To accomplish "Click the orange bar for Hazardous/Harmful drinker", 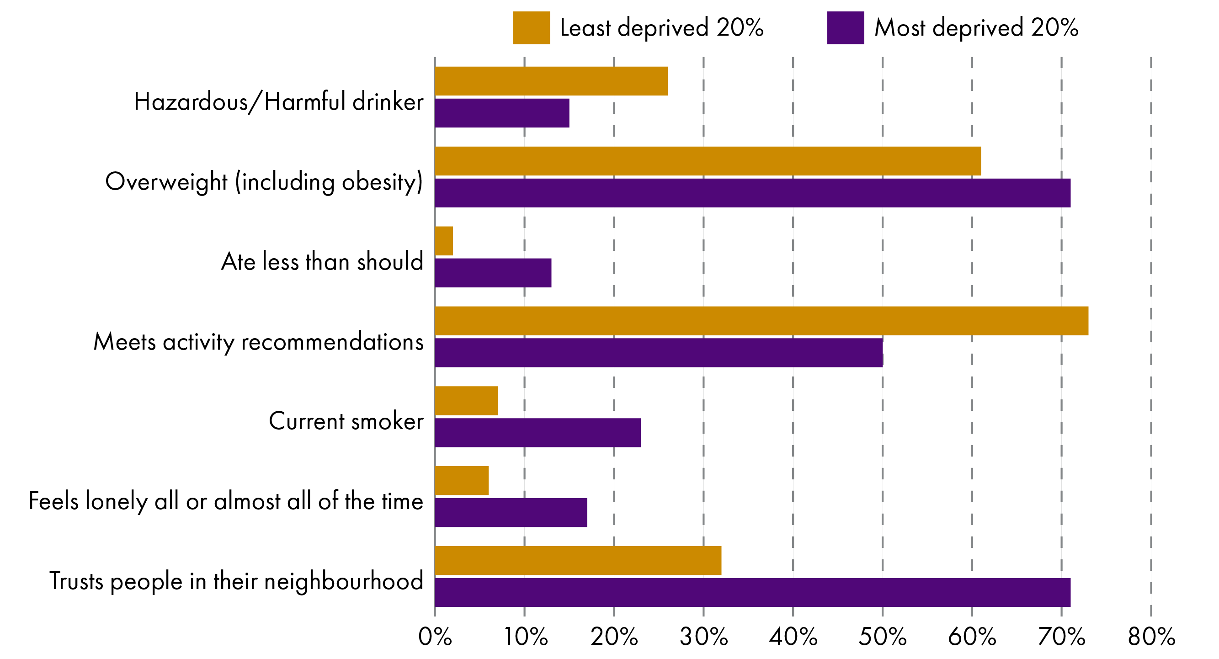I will click(x=551, y=81).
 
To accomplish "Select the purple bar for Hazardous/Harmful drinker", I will click(x=501, y=113).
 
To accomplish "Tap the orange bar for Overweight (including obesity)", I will click(x=708, y=161).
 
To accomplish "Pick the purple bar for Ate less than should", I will click(x=493, y=273).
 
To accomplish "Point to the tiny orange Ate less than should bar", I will click(x=444, y=241).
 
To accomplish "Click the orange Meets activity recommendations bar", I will click(x=761, y=321).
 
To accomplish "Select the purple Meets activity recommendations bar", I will click(x=658, y=352).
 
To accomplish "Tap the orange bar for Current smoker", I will click(x=466, y=401).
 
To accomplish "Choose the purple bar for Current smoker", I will click(x=538, y=432).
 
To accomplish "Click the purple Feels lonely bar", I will click(x=511, y=512).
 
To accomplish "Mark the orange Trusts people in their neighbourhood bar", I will click(x=578, y=560).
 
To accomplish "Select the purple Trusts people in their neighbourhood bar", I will click(x=752, y=592).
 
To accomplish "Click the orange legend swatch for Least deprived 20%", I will click(x=531, y=28).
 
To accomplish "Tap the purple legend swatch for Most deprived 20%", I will click(x=845, y=28).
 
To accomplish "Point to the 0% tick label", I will click(x=435, y=637).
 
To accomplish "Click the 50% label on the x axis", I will click(x=883, y=637).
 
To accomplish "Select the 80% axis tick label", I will click(x=1151, y=637).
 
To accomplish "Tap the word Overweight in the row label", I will click(x=166, y=182).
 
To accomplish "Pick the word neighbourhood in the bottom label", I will click(x=344, y=581).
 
